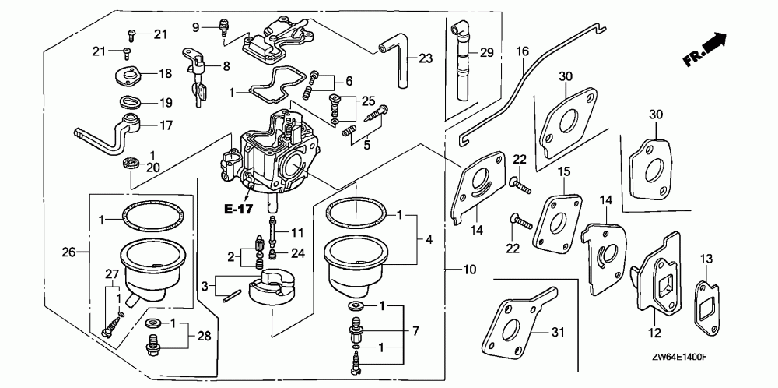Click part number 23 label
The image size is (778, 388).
(x=426, y=58)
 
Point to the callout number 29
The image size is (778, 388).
(x=487, y=53)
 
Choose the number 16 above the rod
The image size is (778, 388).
(x=523, y=51)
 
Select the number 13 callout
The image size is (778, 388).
(x=706, y=259)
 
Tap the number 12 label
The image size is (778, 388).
(x=654, y=332)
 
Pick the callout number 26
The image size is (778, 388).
(x=68, y=252)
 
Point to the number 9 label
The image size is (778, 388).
(x=195, y=27)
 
